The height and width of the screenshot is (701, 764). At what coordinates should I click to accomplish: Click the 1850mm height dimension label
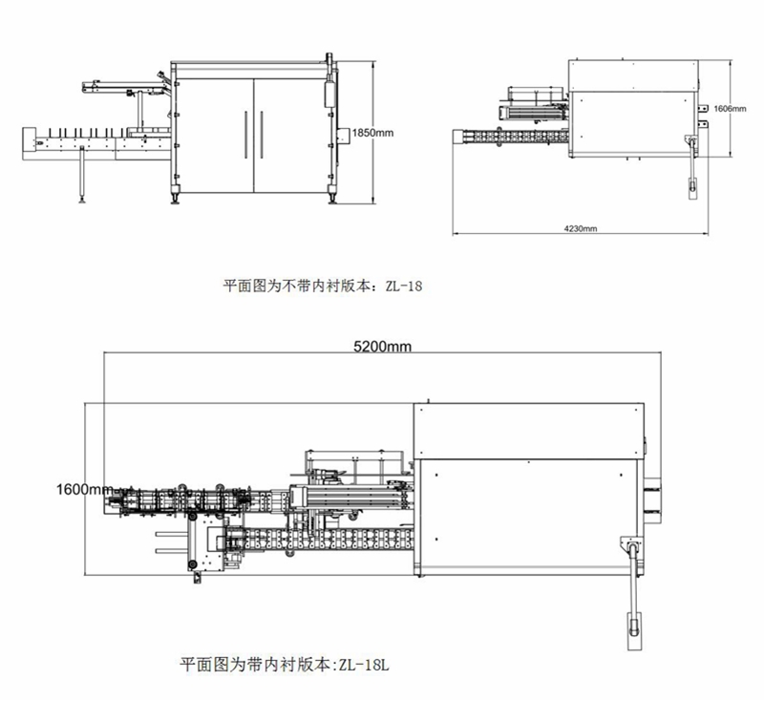pos(371,133)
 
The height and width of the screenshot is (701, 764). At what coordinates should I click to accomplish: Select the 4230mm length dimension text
pos(580,229)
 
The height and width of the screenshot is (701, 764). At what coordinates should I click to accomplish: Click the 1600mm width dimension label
pos(83,489)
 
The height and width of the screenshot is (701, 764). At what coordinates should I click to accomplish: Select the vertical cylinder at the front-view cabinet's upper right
pos(329,94)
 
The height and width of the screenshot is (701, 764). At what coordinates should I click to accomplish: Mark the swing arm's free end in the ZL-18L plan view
pos(633,628)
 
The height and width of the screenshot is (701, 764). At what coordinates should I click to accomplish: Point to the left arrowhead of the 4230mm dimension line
pos(455,232)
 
